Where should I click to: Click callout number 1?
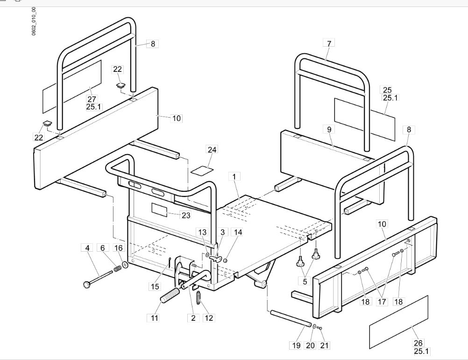(x=234, y=176)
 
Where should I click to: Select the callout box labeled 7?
(x=329, y=43)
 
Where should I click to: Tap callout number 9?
(x=329, y=129)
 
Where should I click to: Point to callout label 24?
(x=212, y=149)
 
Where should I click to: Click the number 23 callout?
(x=186, y=215)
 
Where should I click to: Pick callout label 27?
(x=92, y=99)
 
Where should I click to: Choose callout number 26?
(x=418, y=343)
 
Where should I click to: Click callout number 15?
(x=155, y=287)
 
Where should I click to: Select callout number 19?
(x=296, y=346)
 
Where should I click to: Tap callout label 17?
(x=382, y=302)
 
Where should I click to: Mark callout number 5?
(x=305, y=281)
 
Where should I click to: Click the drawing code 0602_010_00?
(x=34, y=21)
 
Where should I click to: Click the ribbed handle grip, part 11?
(x=170, y=295)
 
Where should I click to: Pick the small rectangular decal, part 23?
(x=159, y=210)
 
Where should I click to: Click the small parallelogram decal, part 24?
(x=202, y=170)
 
